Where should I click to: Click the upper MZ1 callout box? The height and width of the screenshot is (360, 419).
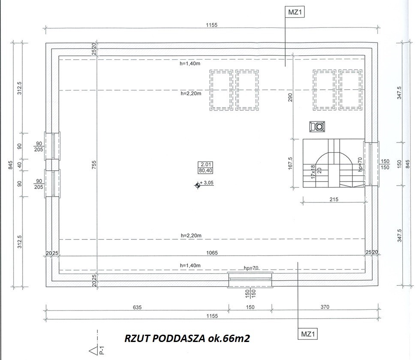(x=295, y=12)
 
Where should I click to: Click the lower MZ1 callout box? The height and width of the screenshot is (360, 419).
(x=308, y=334)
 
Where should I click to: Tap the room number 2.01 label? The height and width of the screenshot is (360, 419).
(x=205, y=164)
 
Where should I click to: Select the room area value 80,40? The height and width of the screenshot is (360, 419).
(x=205, y=170)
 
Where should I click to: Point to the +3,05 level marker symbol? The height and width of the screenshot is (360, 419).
(x=198, y=185)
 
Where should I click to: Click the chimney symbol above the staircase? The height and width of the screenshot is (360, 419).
(x=317, y=127)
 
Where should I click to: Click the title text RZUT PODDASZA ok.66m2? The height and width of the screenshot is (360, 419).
(x=187, y=339)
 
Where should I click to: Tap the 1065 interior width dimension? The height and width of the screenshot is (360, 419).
(x=212, y=253)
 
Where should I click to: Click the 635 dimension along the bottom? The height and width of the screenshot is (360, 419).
(x=137, y=307)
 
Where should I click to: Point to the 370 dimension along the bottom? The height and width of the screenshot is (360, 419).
(x=325, y=307)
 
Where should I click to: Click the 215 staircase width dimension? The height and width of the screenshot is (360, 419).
(x=334, y=200)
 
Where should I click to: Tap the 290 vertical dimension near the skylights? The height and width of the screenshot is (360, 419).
(x=290, y=97)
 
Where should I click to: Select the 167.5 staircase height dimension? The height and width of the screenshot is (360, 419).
(x=290, y=163)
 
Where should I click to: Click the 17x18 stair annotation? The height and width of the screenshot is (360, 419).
(x=313, y=172)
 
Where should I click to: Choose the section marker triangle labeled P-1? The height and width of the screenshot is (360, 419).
(x=93, y=351)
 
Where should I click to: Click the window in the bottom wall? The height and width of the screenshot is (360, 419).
(x=250, y=280)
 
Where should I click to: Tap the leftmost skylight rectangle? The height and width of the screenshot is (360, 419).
(x=221, y=90)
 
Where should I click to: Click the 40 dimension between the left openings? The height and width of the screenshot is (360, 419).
(x=19, y=165)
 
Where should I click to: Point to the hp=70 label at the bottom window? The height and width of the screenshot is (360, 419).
(x=251, y=268)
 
